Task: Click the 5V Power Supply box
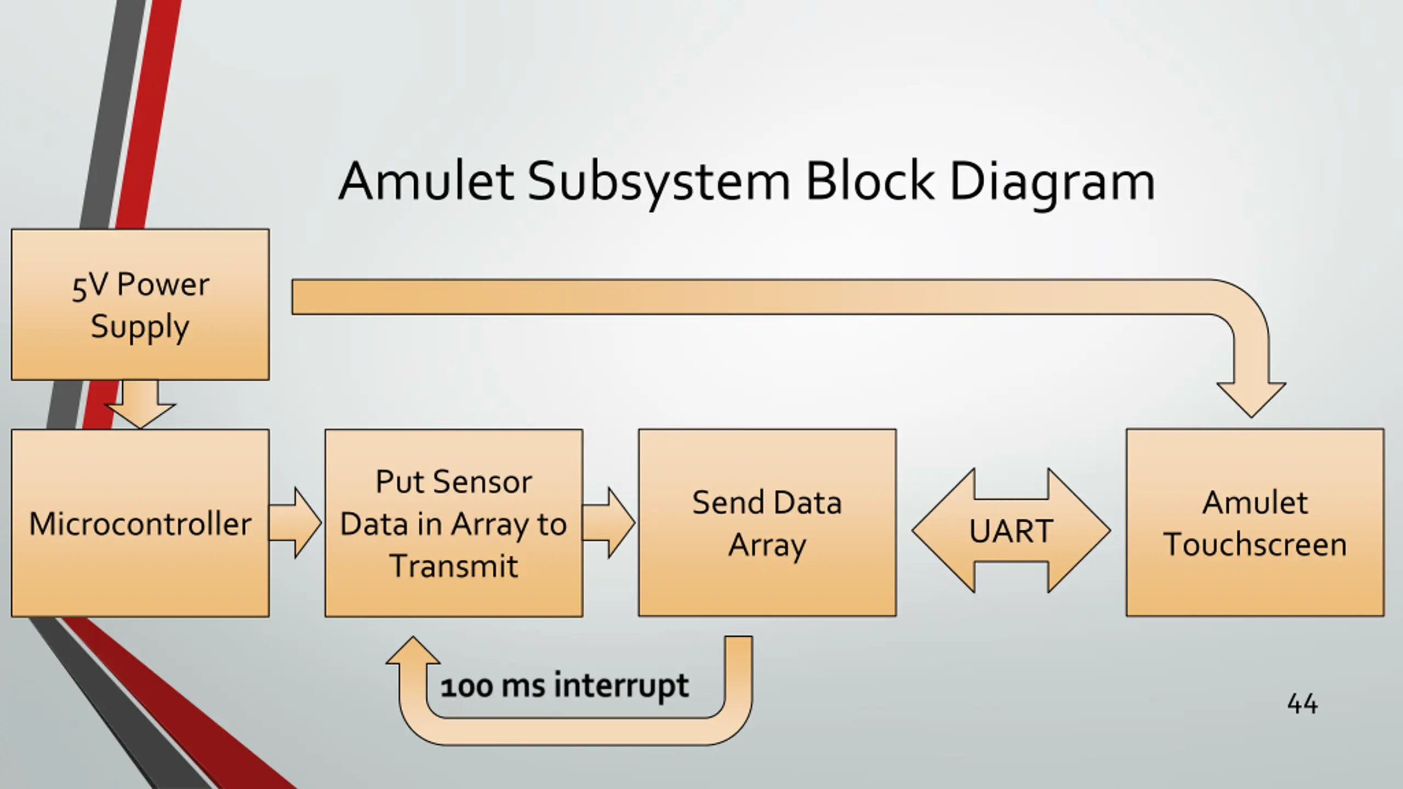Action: [140, 304]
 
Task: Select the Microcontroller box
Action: [140, 523]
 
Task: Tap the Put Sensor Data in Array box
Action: [454, 523]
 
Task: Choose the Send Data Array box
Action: [767, 523]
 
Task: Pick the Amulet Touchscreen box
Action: [1255, 523]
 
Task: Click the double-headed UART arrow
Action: [1011, 530]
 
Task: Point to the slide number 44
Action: [1302, 704]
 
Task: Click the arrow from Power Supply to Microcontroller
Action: [140, 404]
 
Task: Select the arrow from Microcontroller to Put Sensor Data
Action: [295, 523]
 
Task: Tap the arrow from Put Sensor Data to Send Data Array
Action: [608, 523]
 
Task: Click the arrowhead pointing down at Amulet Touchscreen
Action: [1251, 400]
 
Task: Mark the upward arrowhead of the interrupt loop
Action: [413, 650]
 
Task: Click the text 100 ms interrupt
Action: [564, 687]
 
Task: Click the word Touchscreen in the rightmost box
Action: [1255, 545]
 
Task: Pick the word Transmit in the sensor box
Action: [454, 566]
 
